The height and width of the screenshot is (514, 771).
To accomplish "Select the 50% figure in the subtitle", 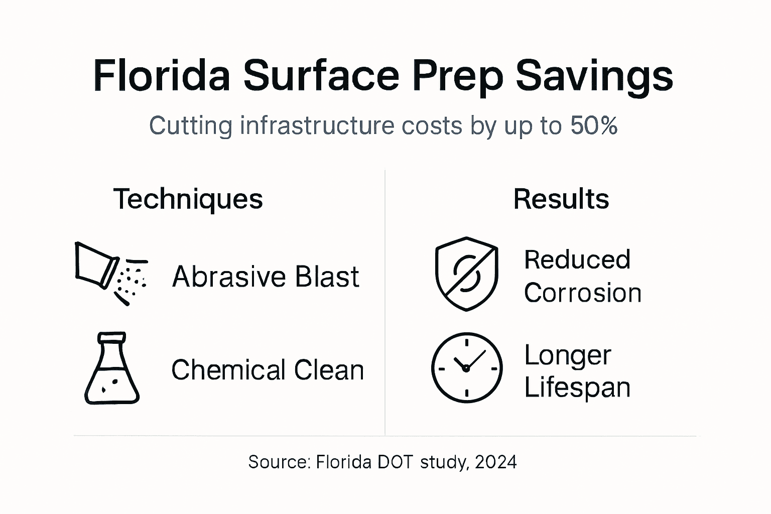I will (594, 125).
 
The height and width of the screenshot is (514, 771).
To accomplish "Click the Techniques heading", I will (188, 199).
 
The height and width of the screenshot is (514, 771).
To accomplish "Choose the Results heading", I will (561, 199).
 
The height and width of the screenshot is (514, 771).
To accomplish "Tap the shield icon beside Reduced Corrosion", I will (466, 274).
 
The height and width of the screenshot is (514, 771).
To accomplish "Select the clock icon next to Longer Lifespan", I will (466, 367).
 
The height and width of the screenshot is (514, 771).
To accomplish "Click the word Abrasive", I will (229, 277).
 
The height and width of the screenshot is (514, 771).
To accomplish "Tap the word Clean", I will (329, 370).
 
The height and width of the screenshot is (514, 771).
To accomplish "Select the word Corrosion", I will (582, 293).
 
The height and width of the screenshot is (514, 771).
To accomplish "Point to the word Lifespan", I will (577, 388).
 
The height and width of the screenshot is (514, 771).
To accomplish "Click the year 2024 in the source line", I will (495, 462).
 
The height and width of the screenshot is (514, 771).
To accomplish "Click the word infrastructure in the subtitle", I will (318, 125).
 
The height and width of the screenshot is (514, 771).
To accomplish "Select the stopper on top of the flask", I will (112, 336).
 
